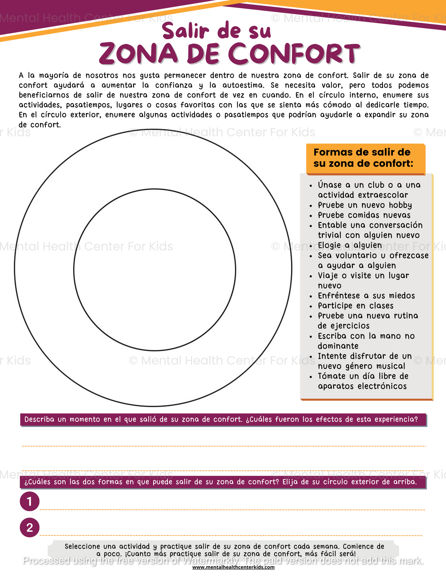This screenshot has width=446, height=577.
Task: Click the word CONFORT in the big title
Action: (295, 54)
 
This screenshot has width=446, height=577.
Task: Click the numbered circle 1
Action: (30, 501)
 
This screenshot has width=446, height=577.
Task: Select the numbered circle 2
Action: (30, 527)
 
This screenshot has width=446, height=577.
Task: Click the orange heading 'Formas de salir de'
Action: (362, 152)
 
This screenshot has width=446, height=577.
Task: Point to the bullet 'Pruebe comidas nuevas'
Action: (364, 215)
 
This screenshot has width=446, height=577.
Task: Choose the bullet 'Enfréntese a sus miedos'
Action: (366, 296)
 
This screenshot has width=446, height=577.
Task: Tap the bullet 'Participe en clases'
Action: (356, 306)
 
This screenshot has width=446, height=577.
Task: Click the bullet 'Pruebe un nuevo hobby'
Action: (365, 205)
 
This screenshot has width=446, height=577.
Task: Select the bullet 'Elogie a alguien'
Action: (350, 245)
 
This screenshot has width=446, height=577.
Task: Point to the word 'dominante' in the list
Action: (338, 346)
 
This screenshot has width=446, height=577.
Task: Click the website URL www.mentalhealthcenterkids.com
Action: (233, 567)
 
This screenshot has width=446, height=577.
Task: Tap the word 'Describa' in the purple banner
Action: (40, 419)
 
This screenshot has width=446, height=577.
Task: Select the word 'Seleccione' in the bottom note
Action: (82, 546)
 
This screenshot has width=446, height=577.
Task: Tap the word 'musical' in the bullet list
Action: (390, 366)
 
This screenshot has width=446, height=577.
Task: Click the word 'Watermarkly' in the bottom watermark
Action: (210, 560)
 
